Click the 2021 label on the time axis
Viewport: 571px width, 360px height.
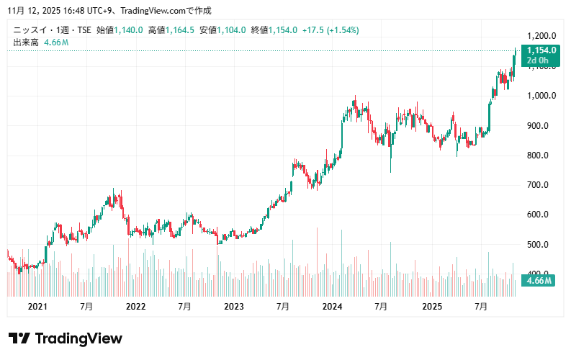[37, 307]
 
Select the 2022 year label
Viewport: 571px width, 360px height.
[135, 307]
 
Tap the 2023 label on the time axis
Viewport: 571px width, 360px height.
[234, 307]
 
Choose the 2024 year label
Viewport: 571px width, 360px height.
[332, 307]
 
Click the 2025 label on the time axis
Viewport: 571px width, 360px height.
[431, 307]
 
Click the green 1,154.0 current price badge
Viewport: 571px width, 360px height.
[541, 50]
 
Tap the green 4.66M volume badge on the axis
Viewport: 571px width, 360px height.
[539, 280]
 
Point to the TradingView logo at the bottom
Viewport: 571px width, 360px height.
[66, 338]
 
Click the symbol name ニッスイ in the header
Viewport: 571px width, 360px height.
[30, 30]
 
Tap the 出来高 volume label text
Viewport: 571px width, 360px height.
[27, 42]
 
